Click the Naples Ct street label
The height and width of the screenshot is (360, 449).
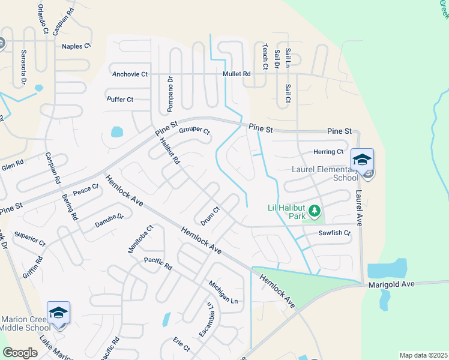[76, 46]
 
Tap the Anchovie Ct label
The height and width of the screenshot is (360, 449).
[130, 74]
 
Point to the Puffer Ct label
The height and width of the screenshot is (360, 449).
[119, 100]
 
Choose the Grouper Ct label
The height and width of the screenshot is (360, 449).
[194, 130]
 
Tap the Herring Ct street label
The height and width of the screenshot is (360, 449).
[328, 152]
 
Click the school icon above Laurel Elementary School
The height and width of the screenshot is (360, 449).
[362, 160]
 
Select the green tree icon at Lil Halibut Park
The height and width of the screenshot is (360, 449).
[315, 211]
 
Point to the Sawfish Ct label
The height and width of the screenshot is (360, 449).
[334, 233]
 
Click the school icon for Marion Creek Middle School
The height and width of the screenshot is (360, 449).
[58, 313]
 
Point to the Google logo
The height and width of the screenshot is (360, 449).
[20, 353]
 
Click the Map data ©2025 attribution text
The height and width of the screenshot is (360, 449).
[423, 355]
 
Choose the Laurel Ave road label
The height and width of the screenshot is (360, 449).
[358, 208]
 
